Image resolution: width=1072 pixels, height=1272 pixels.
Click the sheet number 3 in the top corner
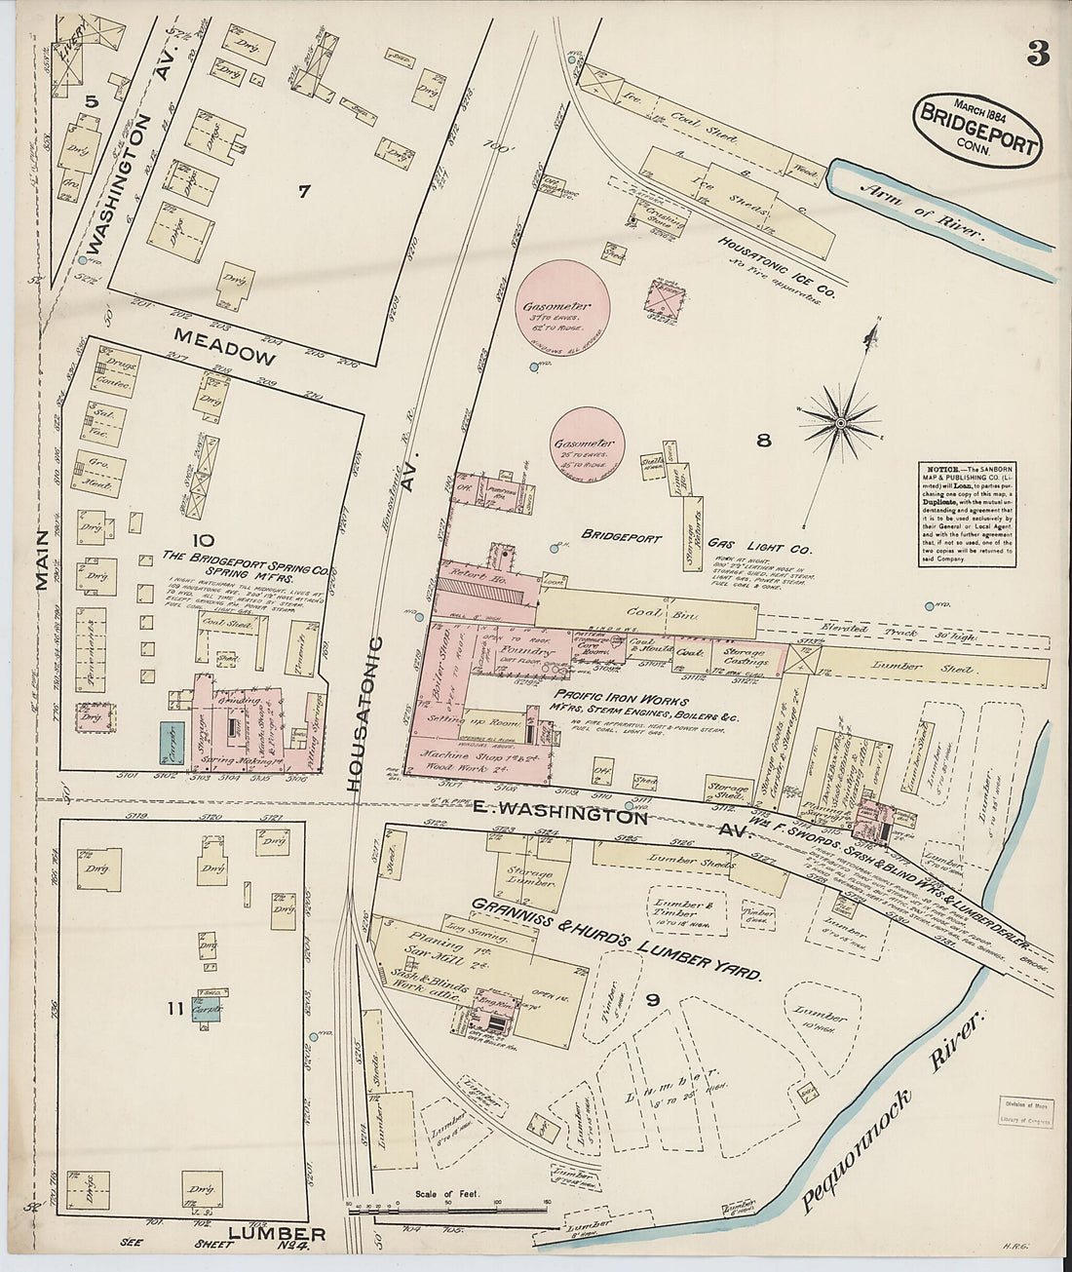(x=1037, y=54)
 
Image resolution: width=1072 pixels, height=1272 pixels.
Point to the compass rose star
(x=840, y=422)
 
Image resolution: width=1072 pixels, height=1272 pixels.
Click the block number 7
(x=303, y=192)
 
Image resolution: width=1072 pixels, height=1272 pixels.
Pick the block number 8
(x=763, y=441)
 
